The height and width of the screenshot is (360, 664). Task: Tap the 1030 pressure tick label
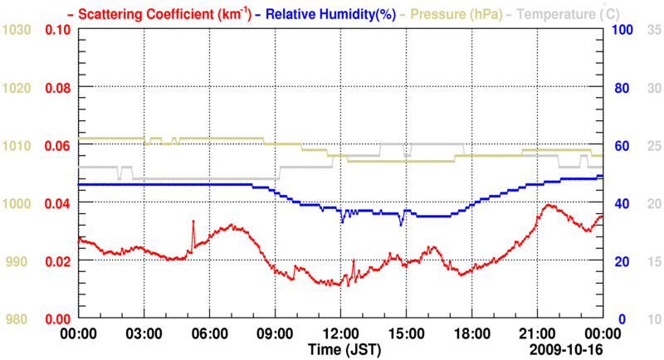click(x=17, y=30)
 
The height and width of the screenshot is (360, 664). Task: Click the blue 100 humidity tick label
click(x=623, y=30)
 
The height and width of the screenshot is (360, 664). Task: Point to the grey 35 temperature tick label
click(x=653, y=30)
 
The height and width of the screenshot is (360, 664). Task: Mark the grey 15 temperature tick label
click(x=653, y=261)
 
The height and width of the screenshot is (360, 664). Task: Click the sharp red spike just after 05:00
click(x=193, y=221)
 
